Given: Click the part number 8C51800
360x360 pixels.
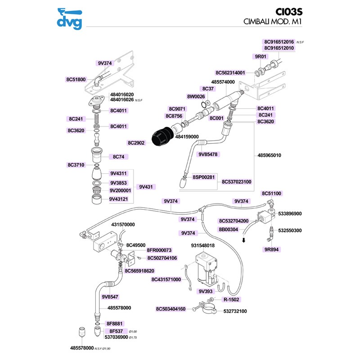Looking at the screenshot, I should pyautogui.click(x=76, y=79).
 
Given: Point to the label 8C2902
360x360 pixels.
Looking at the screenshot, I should pyautogui.click(x=136, y=143).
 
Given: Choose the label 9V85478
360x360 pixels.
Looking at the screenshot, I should pyautogui.click(x=208, y=154).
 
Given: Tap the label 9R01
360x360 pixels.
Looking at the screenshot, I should pyautogui.click(x=261, y=57).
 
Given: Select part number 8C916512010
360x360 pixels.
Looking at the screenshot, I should pyautogui.click(x=279, y=48).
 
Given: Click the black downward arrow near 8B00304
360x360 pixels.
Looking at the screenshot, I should pyautogui.click(x=243, y=240).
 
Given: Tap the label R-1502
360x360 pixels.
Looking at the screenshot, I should pyautogui.click(x=231, y=299).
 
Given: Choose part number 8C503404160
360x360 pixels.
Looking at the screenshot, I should pyautogui.click(x=171, y=309).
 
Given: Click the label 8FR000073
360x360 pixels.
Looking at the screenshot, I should pyautogui.click(x=159, y=250).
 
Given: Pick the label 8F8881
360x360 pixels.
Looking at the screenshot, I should pyautogui.click(x=115, y=324).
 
